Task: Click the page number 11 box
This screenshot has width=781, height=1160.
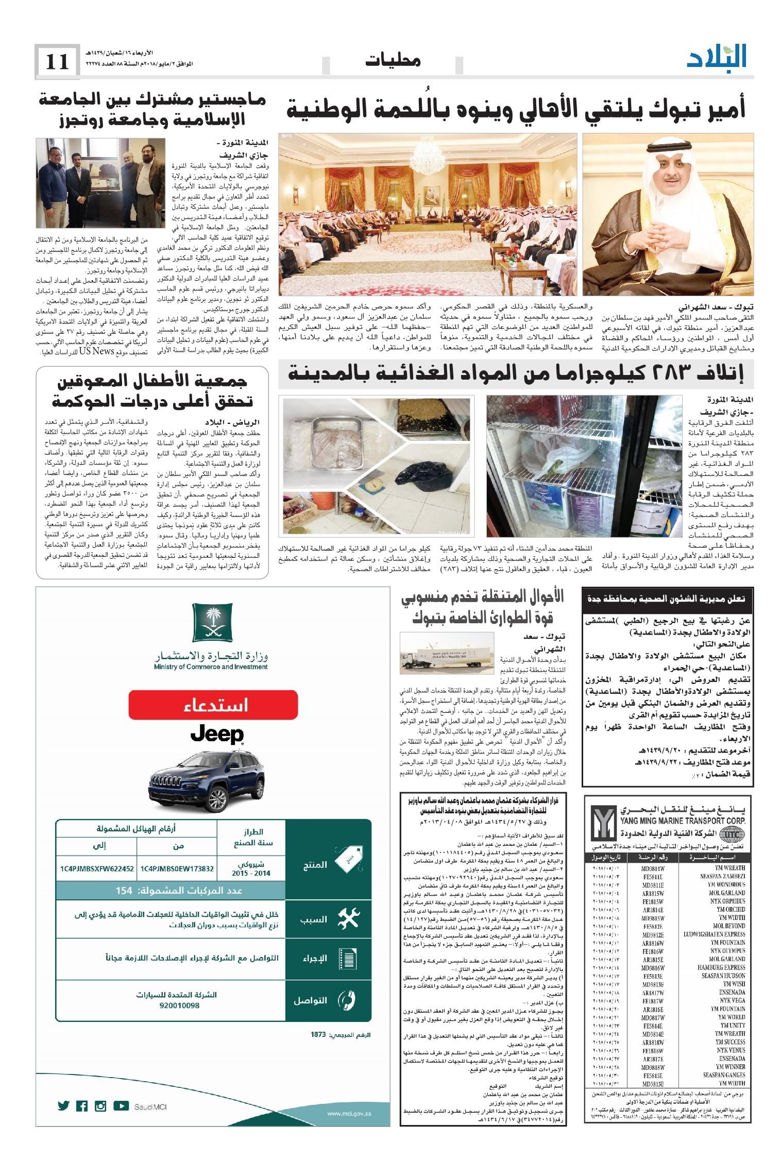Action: (57, 62)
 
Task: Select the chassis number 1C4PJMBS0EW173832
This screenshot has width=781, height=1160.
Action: (176, 868)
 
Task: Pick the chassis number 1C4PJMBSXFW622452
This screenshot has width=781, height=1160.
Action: (97, 868)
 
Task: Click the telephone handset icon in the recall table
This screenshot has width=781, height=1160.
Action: (345, 1000)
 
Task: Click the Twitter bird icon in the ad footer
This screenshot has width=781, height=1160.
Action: (63, 1102)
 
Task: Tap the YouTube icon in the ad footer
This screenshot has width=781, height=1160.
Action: (121, 1102)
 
